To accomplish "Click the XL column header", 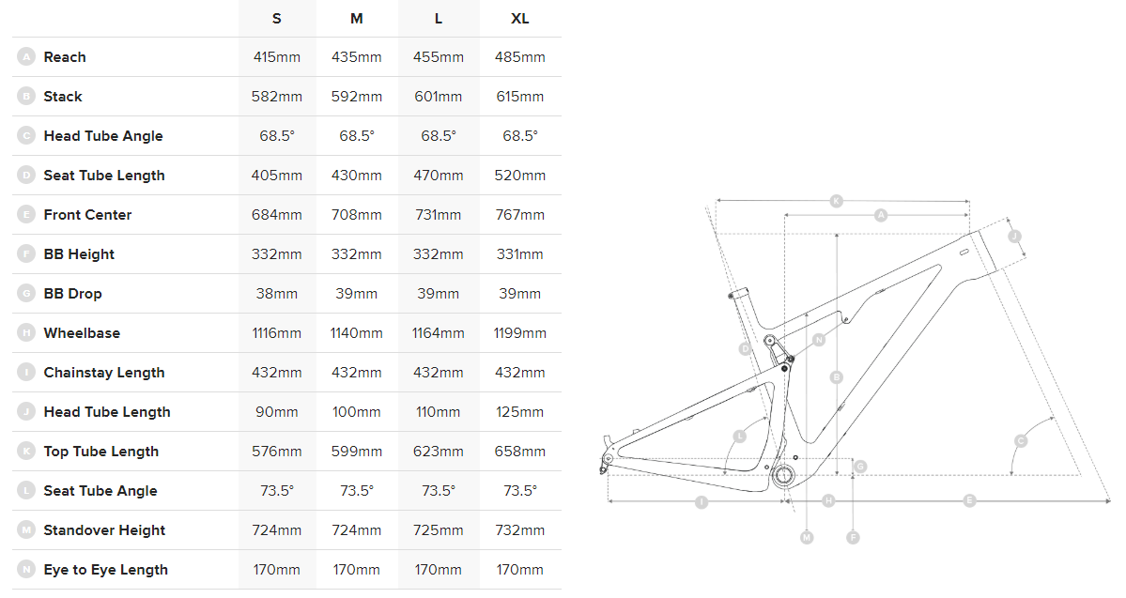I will point(519,19).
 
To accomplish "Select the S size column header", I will point(276,19).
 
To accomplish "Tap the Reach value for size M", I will point(357,57).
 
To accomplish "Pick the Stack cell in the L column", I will point(439,97).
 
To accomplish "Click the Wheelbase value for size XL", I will point(519,333).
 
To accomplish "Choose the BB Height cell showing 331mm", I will point(519,254).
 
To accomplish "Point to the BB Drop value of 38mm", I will point(276,294).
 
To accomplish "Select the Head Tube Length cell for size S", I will point(276,412).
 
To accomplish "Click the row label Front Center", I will point(87,215).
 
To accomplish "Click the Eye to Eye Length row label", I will point(105,570).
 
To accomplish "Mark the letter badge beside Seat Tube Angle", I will point(25,491).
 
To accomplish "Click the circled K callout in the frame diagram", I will point(837,200).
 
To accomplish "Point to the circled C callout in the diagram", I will point(1021,440).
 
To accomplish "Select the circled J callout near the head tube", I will point(1014,237).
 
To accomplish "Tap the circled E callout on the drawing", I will point(969,500).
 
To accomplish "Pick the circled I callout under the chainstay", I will point(701,501).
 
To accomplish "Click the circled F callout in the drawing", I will point(853,537).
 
